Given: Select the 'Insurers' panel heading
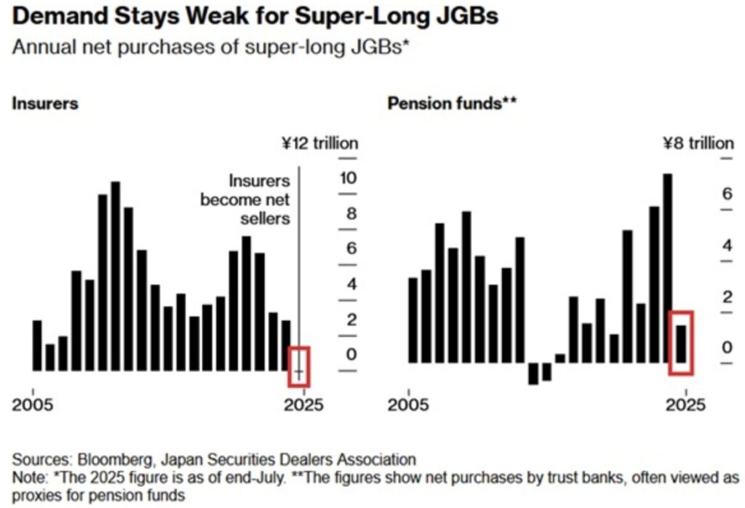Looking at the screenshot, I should tap(45, 103).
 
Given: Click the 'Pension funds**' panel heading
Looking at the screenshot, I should tap(452, 103).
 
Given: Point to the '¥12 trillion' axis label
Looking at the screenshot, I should tap(319, 143).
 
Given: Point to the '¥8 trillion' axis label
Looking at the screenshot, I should tap(697, 143).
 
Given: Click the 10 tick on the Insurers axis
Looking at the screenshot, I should tap(348, 178).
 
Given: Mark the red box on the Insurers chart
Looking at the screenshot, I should tap(299, 366).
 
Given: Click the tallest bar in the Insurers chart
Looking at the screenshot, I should tap(115, 276).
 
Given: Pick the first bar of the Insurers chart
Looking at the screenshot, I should tap(37, 345).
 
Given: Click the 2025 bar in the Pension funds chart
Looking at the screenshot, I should tap(681, 344).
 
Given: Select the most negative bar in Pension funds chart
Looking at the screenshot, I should tap(533, 373).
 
